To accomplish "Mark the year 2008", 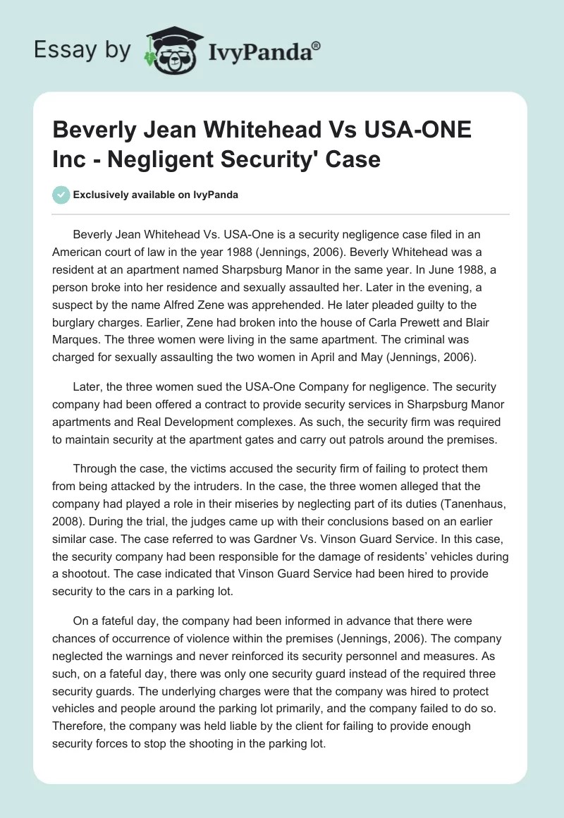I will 68,520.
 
